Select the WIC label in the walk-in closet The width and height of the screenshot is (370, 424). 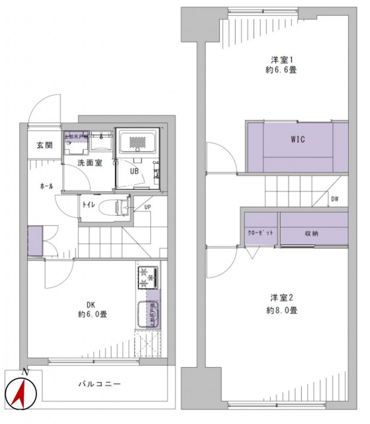pyautogui.click(x=297, y=140)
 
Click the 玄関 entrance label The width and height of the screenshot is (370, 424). pyautogui.click(x=44, y=146)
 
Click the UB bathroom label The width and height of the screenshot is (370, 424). pyautogui.click(x=134, y=170)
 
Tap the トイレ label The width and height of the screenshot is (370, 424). pyautogui.click(x=89, y=205)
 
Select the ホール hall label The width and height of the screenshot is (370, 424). pyautogui.click(x=46, y=187)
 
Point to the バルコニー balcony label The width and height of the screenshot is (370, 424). pyautogui.click(x=99, y=384)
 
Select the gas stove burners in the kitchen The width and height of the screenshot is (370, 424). pyautogui.click(x=147, y=277)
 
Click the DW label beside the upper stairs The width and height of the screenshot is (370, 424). pyautogui.click(x=334, y=199)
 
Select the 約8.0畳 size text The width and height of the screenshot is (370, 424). pyautogui.click(x=281, y=310)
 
